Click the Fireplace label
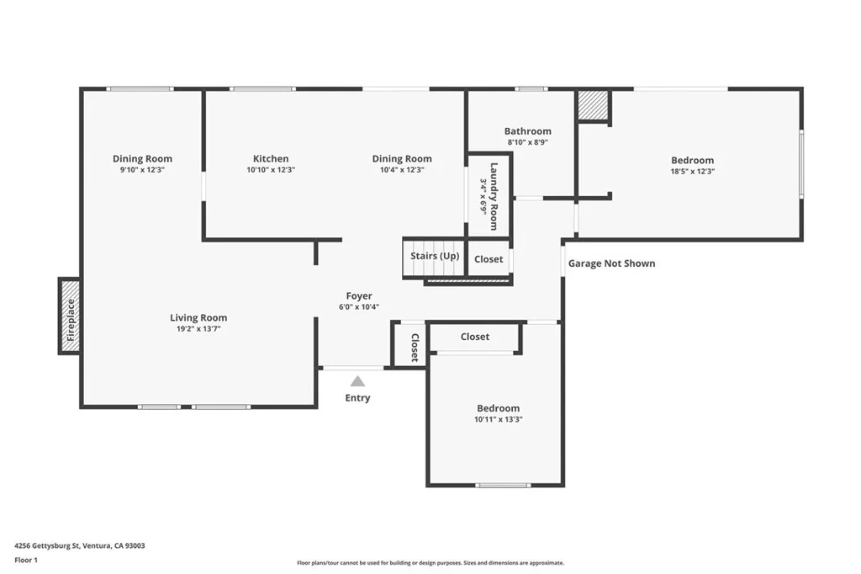pos(71,320)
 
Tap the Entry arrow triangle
pos(357,381)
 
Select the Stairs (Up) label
pos(435,256)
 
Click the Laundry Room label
pos(494,196)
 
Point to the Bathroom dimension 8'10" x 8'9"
pos(528,142)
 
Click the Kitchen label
pos(271,158)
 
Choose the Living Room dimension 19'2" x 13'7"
pos(198,329)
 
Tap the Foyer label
pos(359,295)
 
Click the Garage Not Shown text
pos(612,263)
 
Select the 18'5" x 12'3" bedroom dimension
pos(693,172)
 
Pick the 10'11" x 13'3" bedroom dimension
pos(498,419)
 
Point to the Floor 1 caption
pos(26,561)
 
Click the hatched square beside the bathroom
pos(593,105)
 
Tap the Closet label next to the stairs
pos(489,259)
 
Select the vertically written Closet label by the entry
pos(415,348)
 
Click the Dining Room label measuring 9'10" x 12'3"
pos(142,158)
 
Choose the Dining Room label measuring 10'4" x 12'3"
pos(402,158)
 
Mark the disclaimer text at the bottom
pos(430,563)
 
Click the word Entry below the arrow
pos(357,398)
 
